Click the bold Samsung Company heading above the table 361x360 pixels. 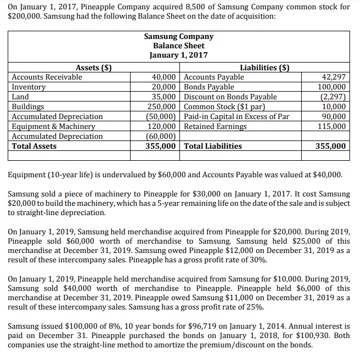pyautogui.click(x=178, y=36)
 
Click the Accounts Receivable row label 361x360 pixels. pyautogui.click(x=47, y=77)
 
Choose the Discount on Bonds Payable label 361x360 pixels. pyautogui.click(x=230, y=97)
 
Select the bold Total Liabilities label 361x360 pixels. pyautogui.click(x=213, y=147)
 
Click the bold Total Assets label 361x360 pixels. pyautogui.click(x=34, y=147)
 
